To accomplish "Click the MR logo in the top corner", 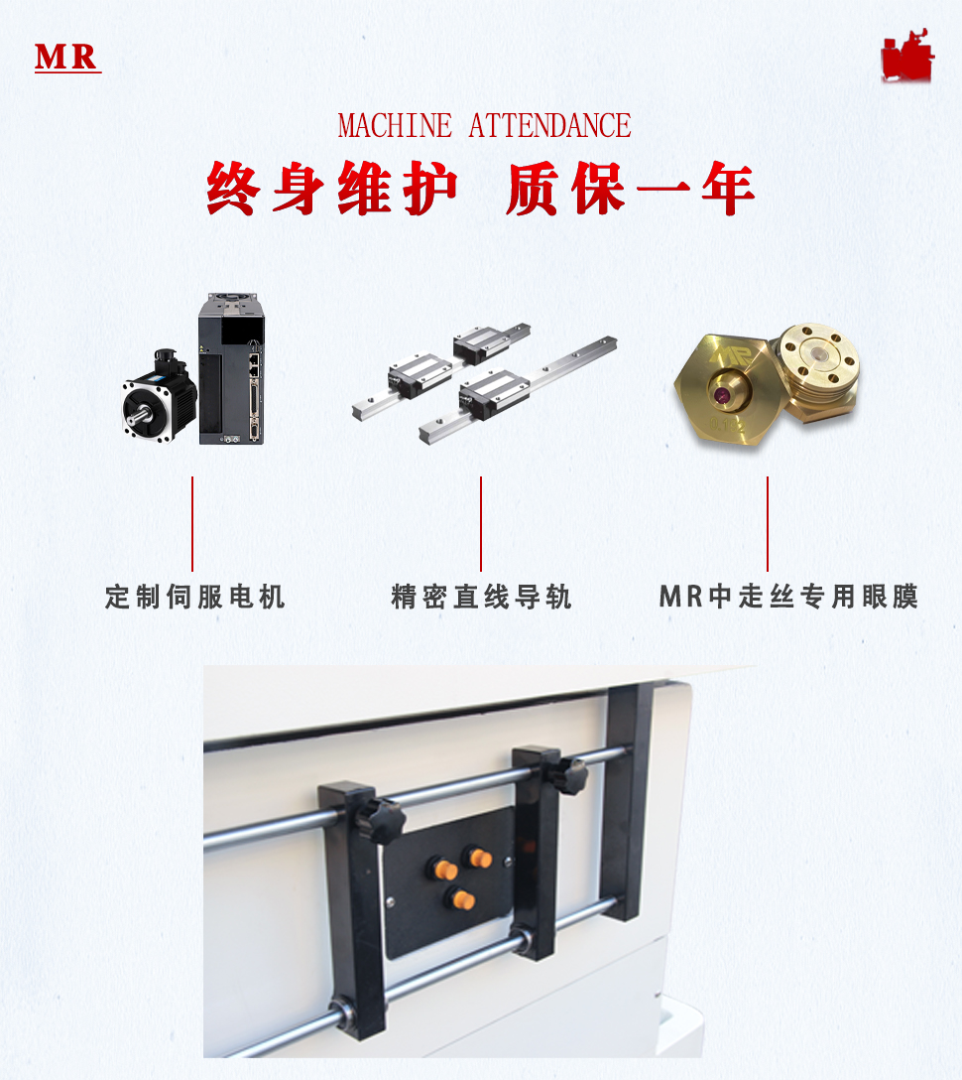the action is tap(67, 58).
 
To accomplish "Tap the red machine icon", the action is tap(907, 56).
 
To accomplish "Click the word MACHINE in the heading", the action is tap(395, 126).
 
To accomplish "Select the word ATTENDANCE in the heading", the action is tap(549, 126).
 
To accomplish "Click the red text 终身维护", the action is tap(332, 188).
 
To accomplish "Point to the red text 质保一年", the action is tap(631, 188).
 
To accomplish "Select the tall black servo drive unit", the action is tap(231, 368).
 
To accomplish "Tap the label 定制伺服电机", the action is tap(194, 597).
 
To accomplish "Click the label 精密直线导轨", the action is tap(481, 597).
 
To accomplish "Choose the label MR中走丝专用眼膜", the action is tap(788, 597).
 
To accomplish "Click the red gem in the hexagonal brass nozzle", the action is tap(723, 395).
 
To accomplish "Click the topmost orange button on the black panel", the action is tap(479, 858).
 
